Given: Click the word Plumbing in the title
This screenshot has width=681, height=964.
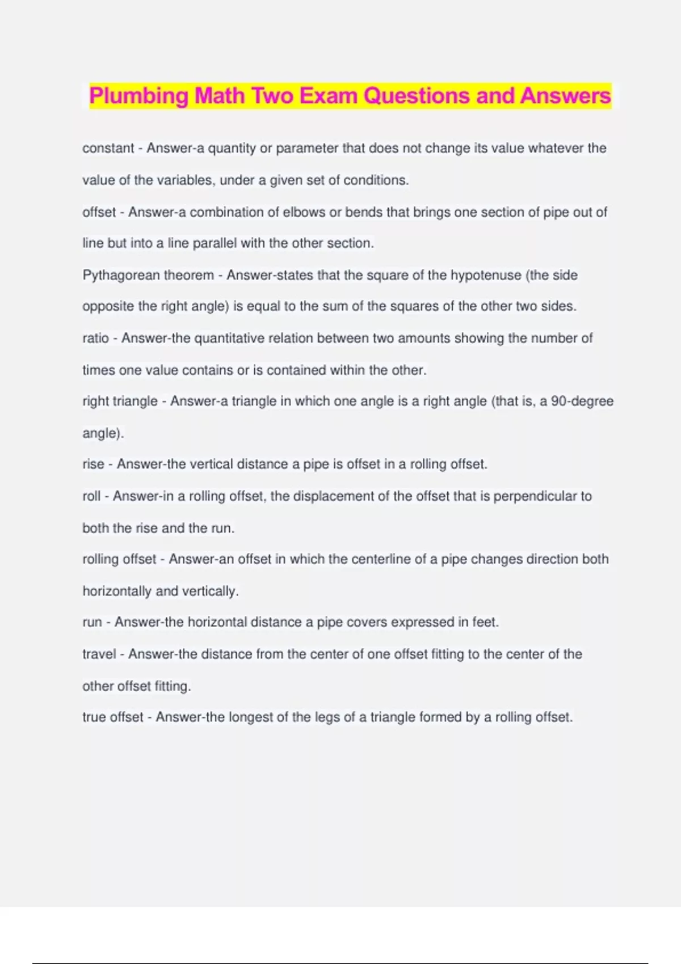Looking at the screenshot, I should click(x=138, y=96).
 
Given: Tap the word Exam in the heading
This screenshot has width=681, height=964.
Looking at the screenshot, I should click(x=329, y=96).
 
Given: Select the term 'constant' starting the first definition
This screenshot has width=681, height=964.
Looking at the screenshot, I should click(x=108, y=149).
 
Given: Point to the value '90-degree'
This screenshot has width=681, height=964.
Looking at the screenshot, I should click(x=582, y=401).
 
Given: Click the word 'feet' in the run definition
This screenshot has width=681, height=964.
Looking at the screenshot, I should click(x=485, y=622).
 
